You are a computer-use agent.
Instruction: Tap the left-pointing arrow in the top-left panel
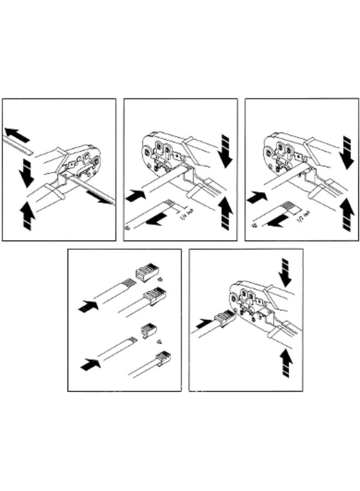click(x=17, y=134)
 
